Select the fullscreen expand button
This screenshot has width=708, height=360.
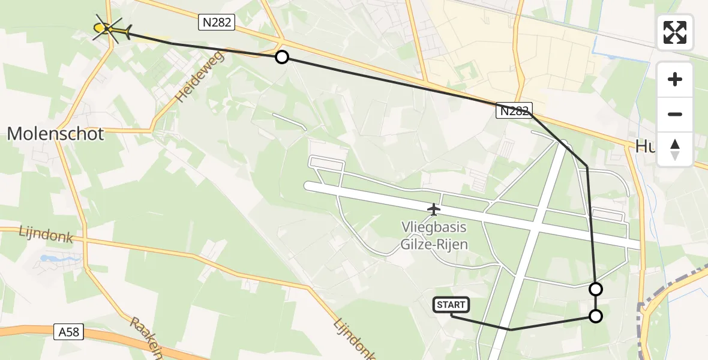pyautogui.click(x=675, y=32)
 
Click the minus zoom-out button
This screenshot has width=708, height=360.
pyautogui.click(x=675, y=114)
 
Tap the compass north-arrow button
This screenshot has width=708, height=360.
pyautogui.click(x=675, y=149)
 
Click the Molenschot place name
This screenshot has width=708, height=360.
pyautogui.click(x=55, y=134)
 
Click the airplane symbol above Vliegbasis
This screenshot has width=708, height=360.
pyautogui.click(x=433, y=209)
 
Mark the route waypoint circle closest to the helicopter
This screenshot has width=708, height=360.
pyautogui.click(x=281, y=57)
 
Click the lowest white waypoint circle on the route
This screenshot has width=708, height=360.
pyautogui.click(x=596, y=316)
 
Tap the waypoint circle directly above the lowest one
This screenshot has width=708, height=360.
pyautogui.click(x=596, y=289)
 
